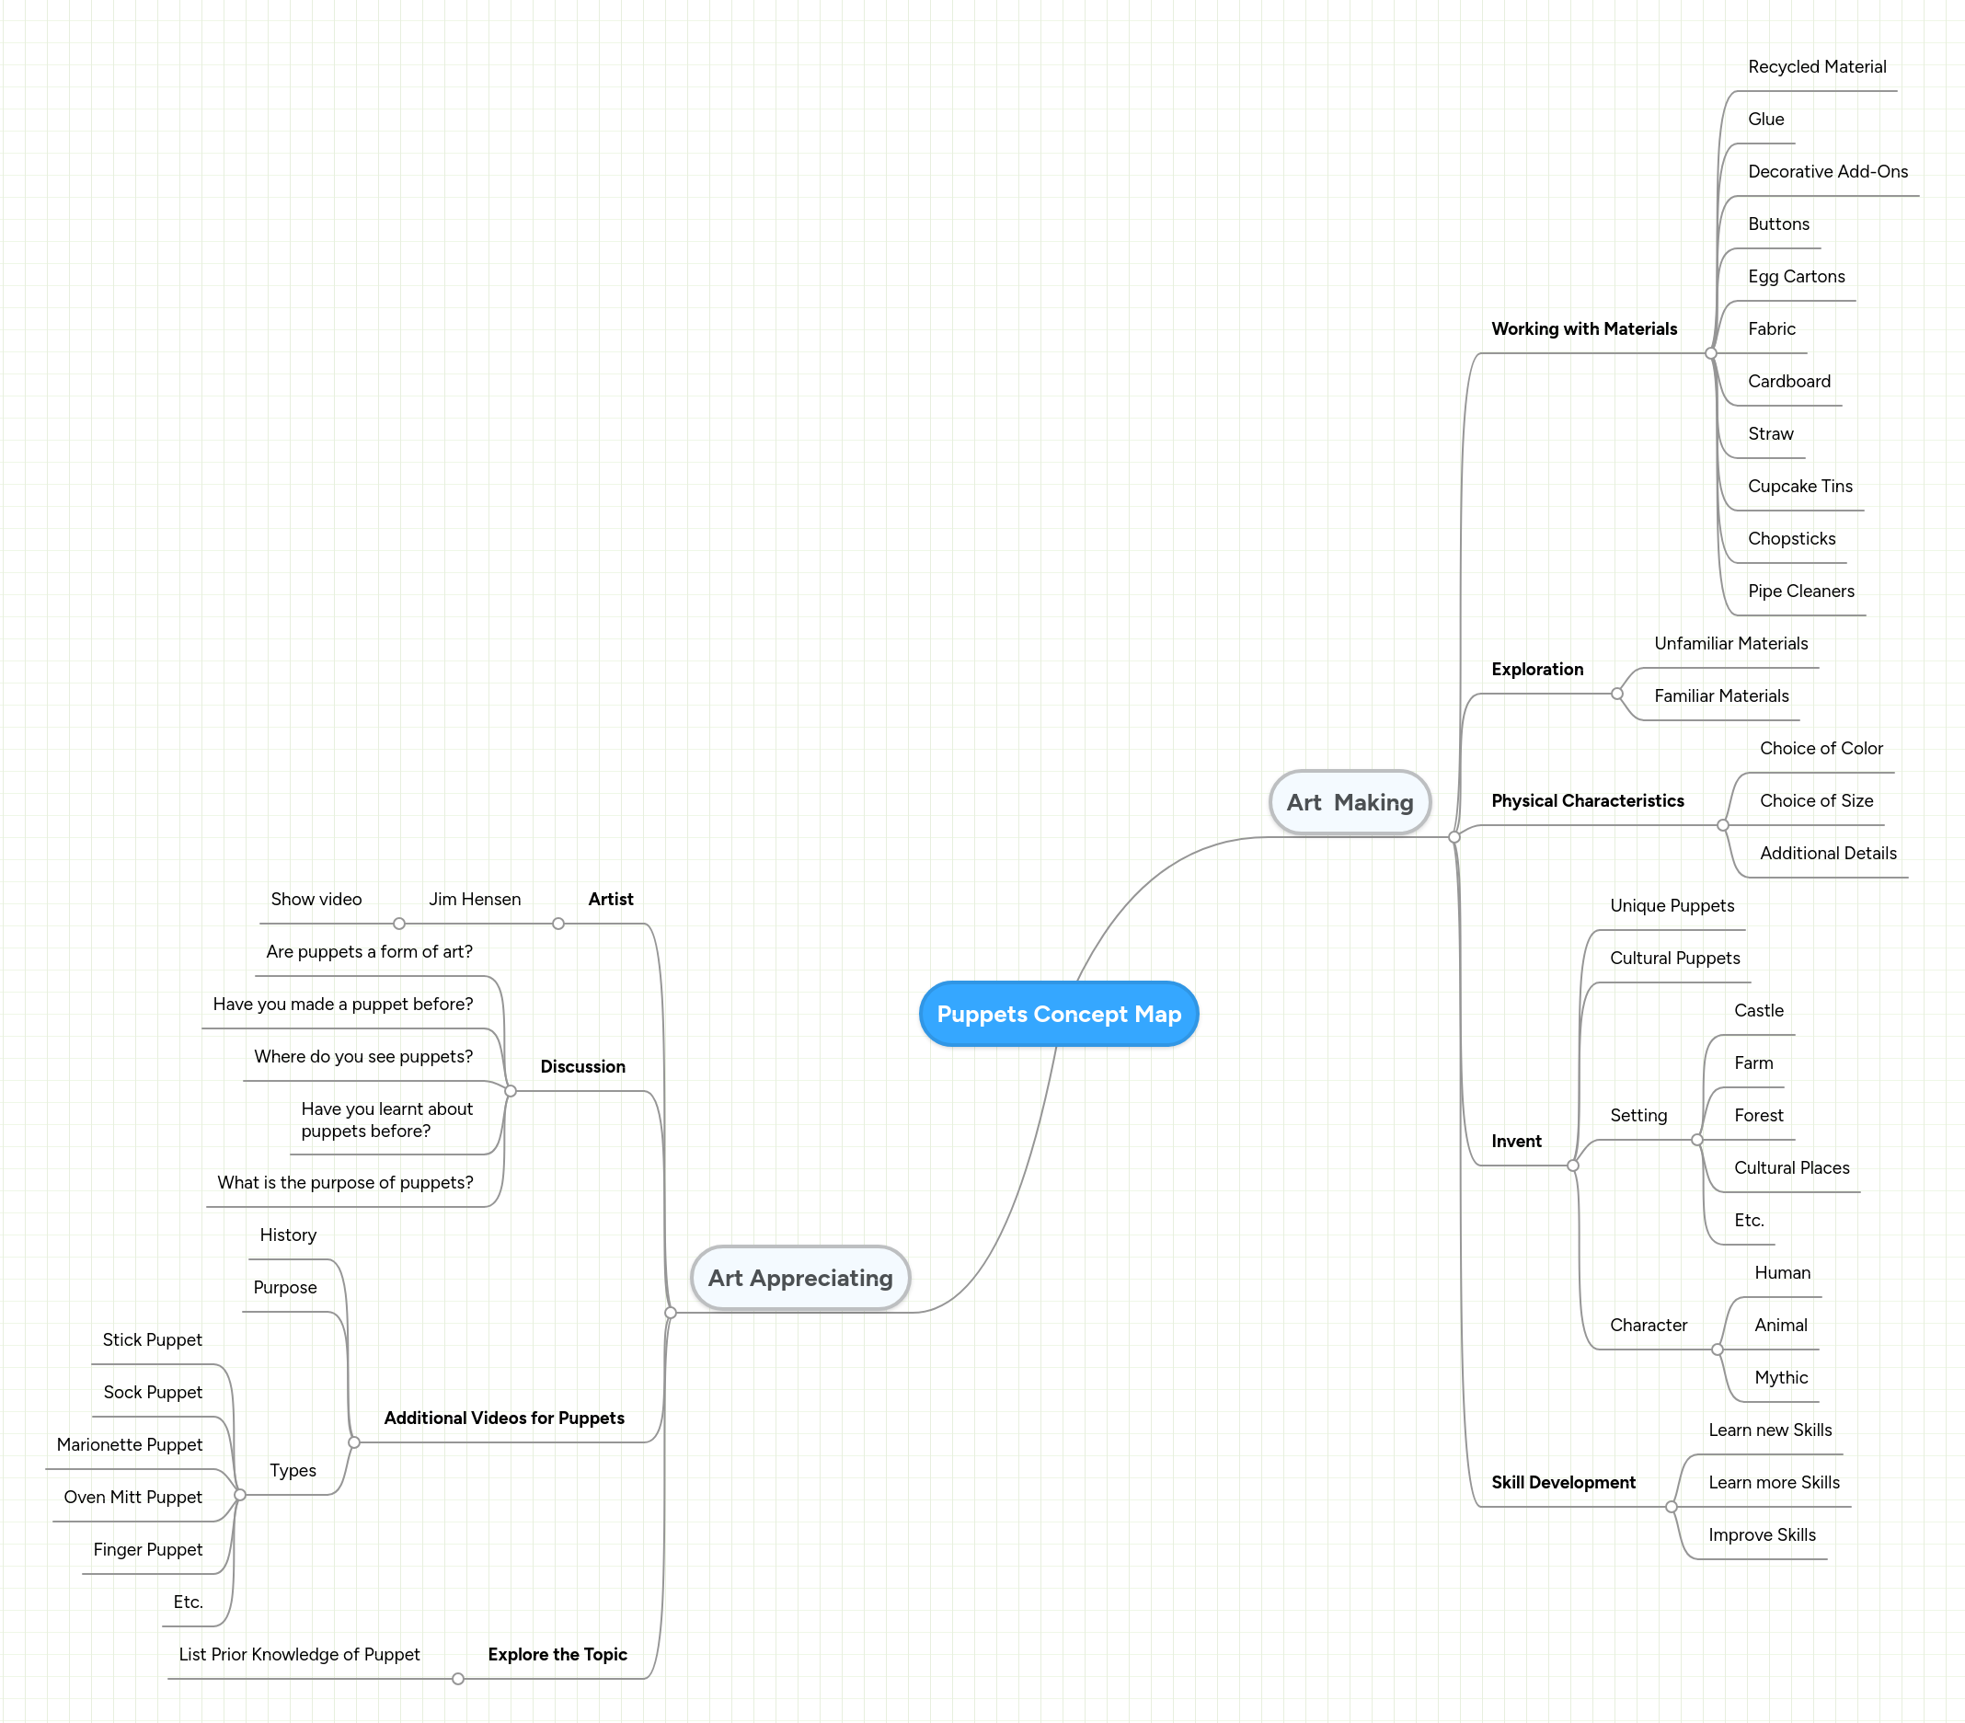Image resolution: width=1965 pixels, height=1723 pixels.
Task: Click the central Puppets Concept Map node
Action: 1059,1014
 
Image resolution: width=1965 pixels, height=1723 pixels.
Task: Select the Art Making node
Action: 1350,802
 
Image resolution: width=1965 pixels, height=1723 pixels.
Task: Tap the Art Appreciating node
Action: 799,1277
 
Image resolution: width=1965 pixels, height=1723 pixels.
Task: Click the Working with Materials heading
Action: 1583,328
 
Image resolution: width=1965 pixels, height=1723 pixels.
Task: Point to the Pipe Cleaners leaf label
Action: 1800,592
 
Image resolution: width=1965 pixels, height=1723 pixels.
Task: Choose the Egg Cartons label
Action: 1796,277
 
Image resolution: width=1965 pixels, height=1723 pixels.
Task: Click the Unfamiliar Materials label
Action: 1730,643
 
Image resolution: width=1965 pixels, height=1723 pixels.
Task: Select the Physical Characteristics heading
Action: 1587,801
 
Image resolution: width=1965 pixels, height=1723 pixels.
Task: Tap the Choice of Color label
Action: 1821,748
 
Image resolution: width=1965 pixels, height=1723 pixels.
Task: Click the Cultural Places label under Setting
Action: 1791,1167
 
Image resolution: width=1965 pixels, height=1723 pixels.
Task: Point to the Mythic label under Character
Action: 1780,1377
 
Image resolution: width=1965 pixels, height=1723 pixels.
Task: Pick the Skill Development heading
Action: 1563,1482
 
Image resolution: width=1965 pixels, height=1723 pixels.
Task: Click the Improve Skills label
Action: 1761,1534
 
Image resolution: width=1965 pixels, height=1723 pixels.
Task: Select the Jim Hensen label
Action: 475,899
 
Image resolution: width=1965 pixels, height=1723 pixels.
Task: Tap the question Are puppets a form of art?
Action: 369,951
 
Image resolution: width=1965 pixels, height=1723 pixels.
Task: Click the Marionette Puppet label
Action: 130,1444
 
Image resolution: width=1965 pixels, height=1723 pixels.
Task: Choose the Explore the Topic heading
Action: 557,1654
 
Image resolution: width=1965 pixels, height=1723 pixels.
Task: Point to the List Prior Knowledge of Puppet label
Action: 299,1654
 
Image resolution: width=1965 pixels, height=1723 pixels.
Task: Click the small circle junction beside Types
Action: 240,1494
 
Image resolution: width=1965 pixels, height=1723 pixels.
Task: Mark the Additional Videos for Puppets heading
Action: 504,1418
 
